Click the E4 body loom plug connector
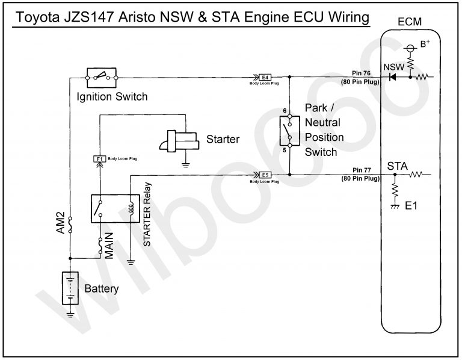click(x=265, y=77)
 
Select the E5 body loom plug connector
click(x=265, y=175)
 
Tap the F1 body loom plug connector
click(x=100, y=159)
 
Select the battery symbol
click(x=70, y=288)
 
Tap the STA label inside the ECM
click(x=399, y=166)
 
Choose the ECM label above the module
click(x=410, y=22)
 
